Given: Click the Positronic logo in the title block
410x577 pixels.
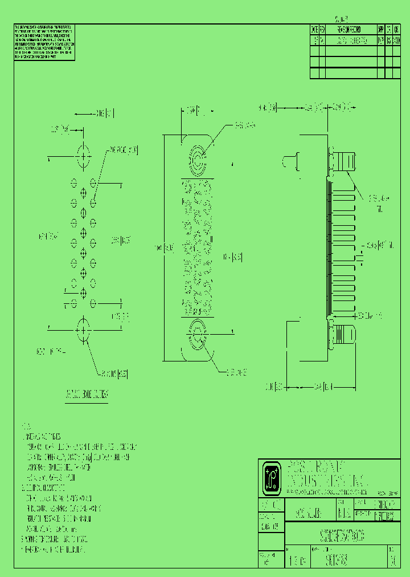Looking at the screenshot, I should coord(270,477).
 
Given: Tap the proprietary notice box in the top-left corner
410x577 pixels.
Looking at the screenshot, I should coord(44,43).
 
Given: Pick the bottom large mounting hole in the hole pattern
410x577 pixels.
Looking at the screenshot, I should coord(84,330).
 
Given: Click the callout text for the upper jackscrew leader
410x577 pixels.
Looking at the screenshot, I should coord(244,124).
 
